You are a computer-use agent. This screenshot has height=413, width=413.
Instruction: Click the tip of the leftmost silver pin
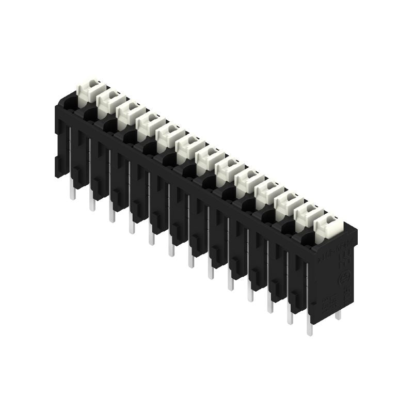73,195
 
